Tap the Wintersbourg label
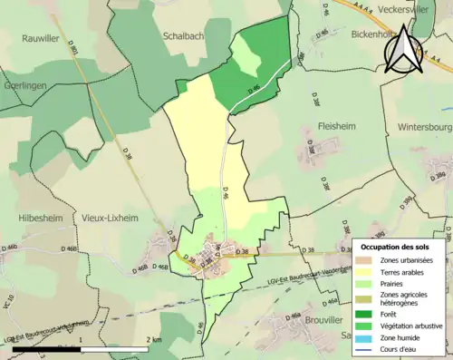[x=422, y=128]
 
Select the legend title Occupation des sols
[x=396, y=246]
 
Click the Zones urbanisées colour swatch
[x=369, y=260]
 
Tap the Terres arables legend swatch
[x=369, y=272]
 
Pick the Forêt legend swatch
[x=369, y=314]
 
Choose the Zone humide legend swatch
[x=369, y=338]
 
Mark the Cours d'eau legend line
[x=369, y=350]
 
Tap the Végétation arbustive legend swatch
[x=369, y=326]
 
